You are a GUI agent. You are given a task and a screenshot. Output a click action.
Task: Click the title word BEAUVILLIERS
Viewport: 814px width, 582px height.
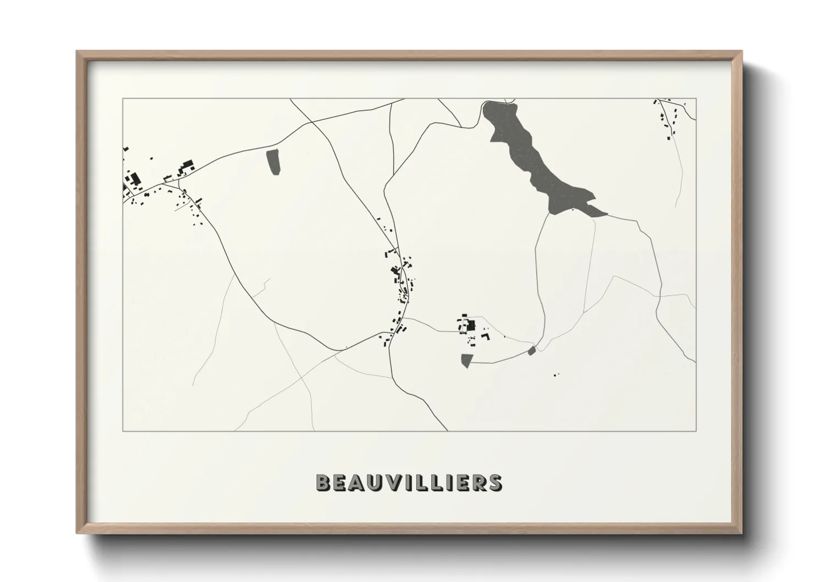(408, 482)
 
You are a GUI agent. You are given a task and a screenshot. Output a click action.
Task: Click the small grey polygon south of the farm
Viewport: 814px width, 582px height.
(466, 361)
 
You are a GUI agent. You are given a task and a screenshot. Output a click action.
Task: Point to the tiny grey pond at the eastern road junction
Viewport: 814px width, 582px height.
(531, 350)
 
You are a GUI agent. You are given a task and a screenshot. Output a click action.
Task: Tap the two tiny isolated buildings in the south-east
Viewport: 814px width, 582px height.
(556, 375)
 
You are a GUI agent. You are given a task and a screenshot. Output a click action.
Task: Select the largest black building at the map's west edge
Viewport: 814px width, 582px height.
(134, 179)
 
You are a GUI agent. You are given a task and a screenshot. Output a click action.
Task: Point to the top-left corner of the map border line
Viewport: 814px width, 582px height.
(123, 98)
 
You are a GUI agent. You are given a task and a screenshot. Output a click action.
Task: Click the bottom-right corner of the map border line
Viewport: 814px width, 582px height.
(696, 431)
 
